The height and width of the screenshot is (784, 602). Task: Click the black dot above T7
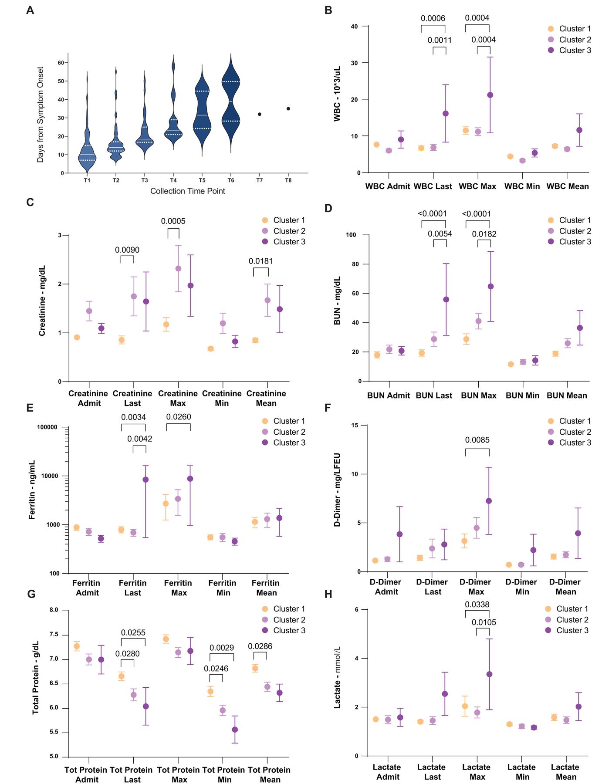[x=260, y=114]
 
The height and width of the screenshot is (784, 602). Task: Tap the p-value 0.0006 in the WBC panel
[x=433, y=18]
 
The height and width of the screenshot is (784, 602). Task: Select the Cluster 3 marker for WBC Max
[x=490, y=95]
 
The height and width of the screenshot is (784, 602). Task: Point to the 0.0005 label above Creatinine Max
[x=173, y=221]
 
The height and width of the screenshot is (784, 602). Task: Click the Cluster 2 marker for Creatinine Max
[x=178, y=269]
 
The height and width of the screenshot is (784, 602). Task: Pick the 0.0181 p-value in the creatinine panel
[x=261, y=261]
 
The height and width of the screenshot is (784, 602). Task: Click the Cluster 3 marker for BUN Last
[x=446, y=300]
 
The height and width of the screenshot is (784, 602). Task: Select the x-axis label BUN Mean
[x=567, y=395]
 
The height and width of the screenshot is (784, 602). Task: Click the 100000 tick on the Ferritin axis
[x=47, y=427]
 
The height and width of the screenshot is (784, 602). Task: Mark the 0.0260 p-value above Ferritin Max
[x=179, y=417]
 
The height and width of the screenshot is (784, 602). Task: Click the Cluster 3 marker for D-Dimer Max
[x=489, y=501]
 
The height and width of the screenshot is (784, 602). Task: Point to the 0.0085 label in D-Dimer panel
[x=477, y=440]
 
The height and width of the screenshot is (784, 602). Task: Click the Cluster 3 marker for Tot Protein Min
[x=235, y=730]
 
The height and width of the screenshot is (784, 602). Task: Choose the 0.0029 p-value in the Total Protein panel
[x=222, y=648]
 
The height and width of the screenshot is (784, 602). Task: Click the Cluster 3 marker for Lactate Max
[x=489, y=674]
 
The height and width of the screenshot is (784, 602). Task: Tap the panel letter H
[x=328, y=595]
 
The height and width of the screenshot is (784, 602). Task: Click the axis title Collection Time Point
[x=188, y=191]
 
